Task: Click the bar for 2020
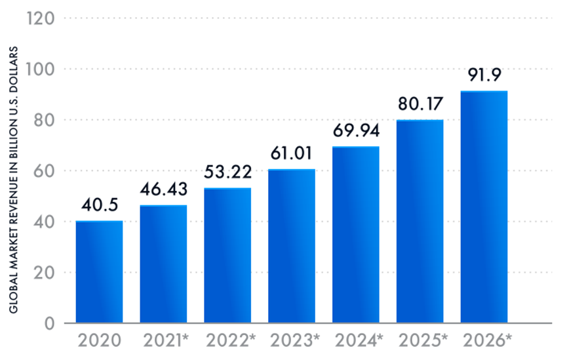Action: pos(99,272)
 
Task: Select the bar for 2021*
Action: pos(163,264)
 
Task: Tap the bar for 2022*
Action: pos(227,256)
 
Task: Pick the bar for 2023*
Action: pos(292,247)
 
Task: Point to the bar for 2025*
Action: pos(420,222)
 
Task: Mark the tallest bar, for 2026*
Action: pos(484,207)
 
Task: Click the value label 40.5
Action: pos(99,206)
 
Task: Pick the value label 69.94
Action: pos(356,131)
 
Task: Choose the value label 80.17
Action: pos(420,104)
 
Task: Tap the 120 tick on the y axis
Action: pos(40,18)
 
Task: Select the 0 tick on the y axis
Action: pos(48,323)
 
